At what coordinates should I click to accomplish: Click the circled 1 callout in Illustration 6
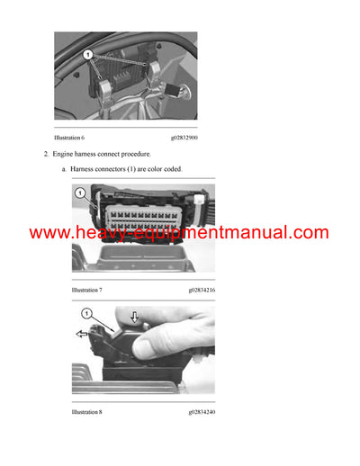tap(89, 55)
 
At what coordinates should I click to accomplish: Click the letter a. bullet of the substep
tap(64, 170)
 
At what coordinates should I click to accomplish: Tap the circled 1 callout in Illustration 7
tap(79, 193)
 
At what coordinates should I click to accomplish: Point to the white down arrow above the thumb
tap(134, 317)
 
